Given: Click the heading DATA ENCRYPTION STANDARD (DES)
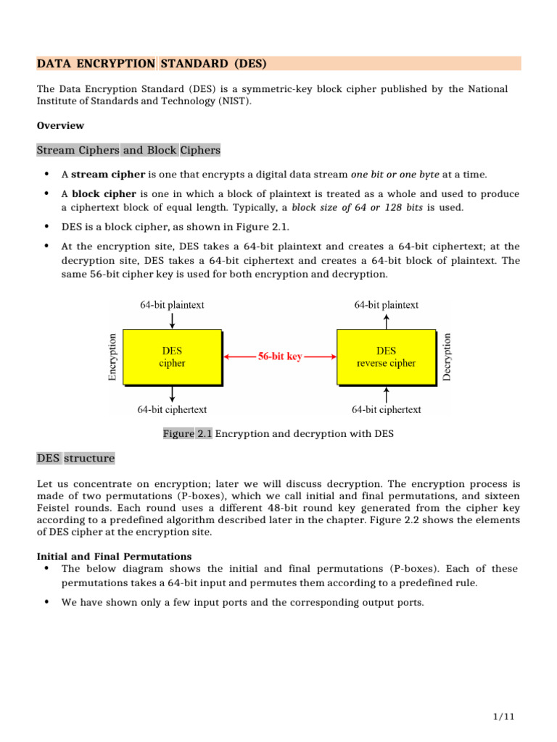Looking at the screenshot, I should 152,64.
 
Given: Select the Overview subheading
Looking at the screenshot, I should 60,125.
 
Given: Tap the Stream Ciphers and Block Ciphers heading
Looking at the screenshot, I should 128,150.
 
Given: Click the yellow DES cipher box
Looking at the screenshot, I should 172,357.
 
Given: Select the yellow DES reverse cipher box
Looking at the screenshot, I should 386,357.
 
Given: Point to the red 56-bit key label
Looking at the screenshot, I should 280,357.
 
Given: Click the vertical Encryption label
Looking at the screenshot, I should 112,357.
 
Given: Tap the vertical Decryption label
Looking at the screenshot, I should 447,357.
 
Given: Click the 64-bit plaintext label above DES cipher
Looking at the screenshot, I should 172,305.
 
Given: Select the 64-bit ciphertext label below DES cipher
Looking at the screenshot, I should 172,409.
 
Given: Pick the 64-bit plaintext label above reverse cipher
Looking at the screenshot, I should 386,305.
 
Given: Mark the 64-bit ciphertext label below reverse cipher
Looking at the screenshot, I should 386,409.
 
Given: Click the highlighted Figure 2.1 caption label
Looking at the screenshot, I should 187,433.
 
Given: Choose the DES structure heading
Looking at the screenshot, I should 75,458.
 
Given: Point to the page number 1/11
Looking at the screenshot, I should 503,717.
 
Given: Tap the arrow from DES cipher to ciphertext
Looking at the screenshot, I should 172,393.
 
